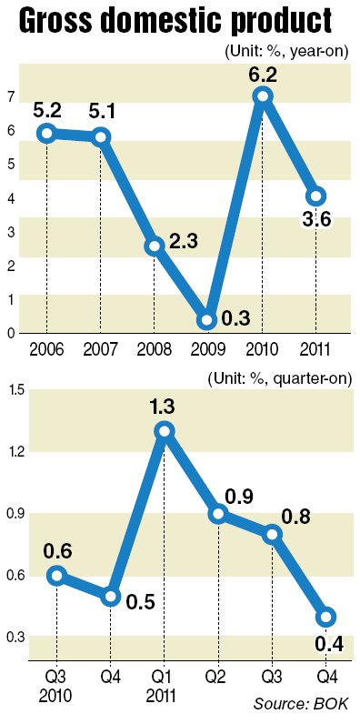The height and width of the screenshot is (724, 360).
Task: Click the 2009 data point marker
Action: point(207,320)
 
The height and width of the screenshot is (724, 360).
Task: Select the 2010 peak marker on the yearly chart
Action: point(263,96)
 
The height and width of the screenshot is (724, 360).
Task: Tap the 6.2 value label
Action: point(263,74)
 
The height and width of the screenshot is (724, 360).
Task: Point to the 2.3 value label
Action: point(183,243)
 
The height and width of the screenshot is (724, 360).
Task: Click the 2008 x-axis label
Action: point(155,349)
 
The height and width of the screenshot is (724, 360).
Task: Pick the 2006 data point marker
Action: point(47,134)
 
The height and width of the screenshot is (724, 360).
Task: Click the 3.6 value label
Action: point(316,220)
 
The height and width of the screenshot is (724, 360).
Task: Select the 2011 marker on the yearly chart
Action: point(316,196)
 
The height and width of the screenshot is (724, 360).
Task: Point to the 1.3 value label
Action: point(164,407)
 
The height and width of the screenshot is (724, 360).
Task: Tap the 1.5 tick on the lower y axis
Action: point(13,390)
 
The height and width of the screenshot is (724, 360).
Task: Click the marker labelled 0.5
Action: point(111,596)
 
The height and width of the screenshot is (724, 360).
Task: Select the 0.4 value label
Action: point(329,644)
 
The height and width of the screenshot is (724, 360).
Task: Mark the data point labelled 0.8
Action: point(273,534)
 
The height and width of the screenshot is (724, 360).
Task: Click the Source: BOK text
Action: point(301,704)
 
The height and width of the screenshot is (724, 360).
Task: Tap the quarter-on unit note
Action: point(280,379)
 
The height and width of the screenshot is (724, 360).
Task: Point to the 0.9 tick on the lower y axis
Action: point(13,514)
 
